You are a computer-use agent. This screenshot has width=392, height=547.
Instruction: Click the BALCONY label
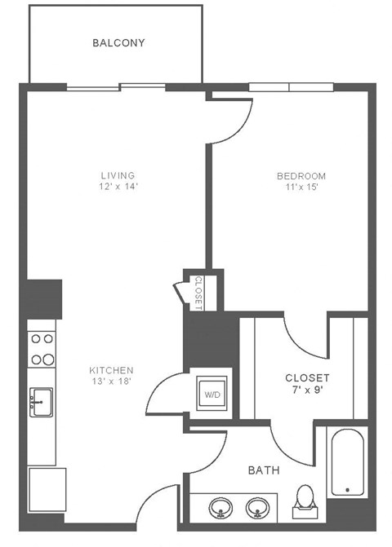click(x=118, y=42)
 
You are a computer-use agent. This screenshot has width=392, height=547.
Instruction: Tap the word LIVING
click(x=118, y=175)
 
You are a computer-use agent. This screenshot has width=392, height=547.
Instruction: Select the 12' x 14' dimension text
click(x=118, y=187)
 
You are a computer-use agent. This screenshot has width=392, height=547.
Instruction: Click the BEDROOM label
click(x=301, y=176)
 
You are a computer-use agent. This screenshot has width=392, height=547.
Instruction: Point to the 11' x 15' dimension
click(x=301, y=187)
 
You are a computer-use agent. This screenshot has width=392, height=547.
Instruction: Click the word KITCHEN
click(x=111, y=370)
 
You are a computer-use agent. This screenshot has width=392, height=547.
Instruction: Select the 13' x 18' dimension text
click(x=111, y=382)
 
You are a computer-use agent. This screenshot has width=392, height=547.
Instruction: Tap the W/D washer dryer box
click(x=212, y=395)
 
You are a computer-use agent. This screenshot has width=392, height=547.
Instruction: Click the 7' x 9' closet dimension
click(x=307, y=390)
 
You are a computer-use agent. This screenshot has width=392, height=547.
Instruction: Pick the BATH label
click(x=264, y=470)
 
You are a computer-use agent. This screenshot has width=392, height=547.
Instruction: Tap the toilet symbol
click(x=305, y=500)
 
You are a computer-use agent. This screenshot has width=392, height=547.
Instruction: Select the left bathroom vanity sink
click(x=220, y=509)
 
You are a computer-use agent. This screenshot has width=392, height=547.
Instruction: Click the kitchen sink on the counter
click(x=41, y=402)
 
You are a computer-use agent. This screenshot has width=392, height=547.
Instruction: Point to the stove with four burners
click(x=42, y=348)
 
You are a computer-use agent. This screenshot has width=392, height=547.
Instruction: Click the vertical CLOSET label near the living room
click(x=198, y=291)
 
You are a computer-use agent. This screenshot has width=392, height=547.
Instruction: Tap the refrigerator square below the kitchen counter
click(x=46, y=489)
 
